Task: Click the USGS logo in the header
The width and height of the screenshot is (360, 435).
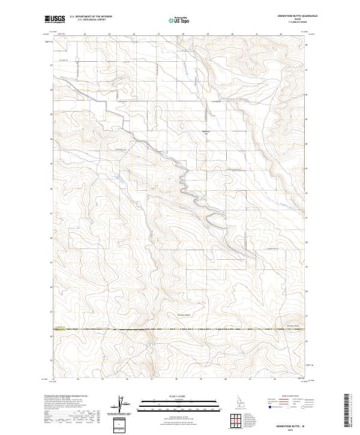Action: pyautogui.click(x=55, y=20)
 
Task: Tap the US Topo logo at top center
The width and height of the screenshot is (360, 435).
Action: pyautogui.click(x=179, y=20)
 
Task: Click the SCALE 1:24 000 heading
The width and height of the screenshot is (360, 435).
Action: pyautogui.click(x=179, y=395)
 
